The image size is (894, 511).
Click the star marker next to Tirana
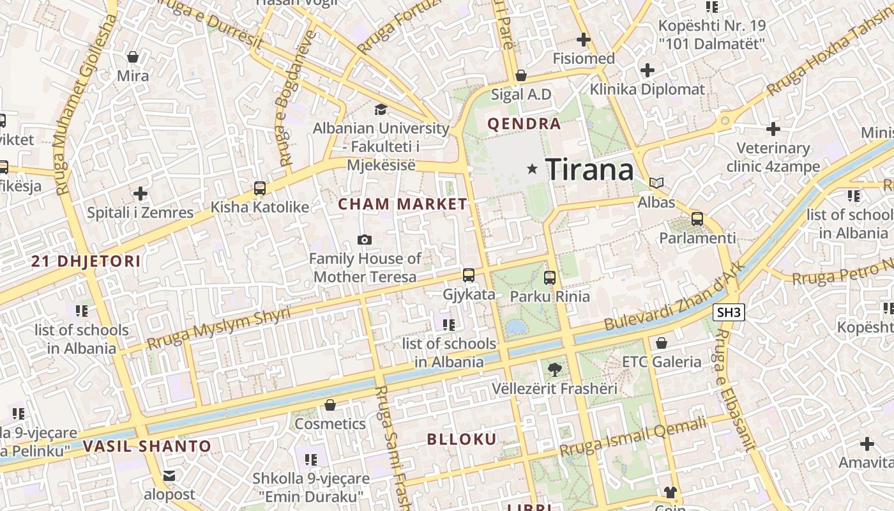pyautogui.click(x=532, y=169)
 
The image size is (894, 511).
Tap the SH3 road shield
pyautogui.click(x=728, y=312)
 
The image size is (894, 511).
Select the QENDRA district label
pyautogui.click(x=524, y=124)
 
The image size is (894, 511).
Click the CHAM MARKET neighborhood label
pyautogui.click(x=402, y=204)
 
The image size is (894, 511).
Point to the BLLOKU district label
pyautogui.click(x=461, y=439)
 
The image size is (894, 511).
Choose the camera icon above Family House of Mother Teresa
pyautogui.click(x=365, y=240)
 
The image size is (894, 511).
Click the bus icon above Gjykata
pyautogui.click(x=469, y=275)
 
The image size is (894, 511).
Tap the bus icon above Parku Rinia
pyautogui.click(x=550, y=278)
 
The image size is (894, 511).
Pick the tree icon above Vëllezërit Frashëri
pyautogui.click(x=555, y=369)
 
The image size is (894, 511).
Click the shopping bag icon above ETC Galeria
pyautogui.click(x=662, y=343)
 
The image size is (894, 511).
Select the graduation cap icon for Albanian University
pyautogui.click(x=381, y=109)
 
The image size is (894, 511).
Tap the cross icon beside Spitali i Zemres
pyautogui.click(x=140, y=194)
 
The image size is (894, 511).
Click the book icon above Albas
pyautogui.click(x=656, y=183)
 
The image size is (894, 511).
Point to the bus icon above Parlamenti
pyautogui.click(x=697, y=219)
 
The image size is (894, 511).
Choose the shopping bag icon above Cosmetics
pyautogui.click(x=330, y=405)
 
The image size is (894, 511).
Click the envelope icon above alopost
pyautogui.click(x=169, y=476)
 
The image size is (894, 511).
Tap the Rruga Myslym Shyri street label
pyautogui.click(x=218, y=328)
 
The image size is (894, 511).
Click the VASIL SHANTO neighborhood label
pyautogui.click(x=147, y=446)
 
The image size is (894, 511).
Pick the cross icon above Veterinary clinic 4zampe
pyautogui.click(x=773, y=129)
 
